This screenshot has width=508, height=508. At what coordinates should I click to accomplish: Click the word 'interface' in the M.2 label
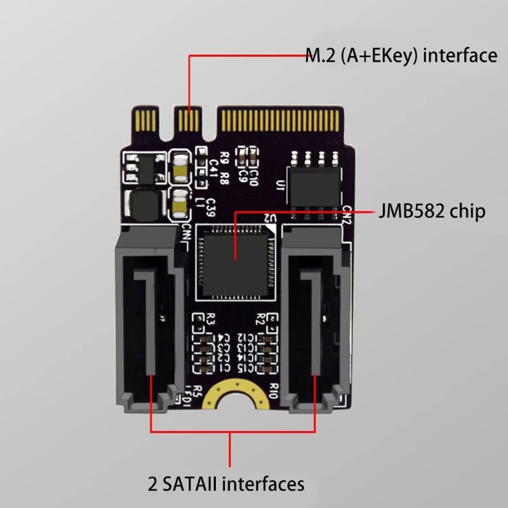point(460,55)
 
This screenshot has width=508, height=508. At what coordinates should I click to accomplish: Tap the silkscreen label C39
point(210,208)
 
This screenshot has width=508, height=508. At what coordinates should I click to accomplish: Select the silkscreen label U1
point(279,185)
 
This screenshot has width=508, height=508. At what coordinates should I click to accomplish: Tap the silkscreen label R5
point(197,391)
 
